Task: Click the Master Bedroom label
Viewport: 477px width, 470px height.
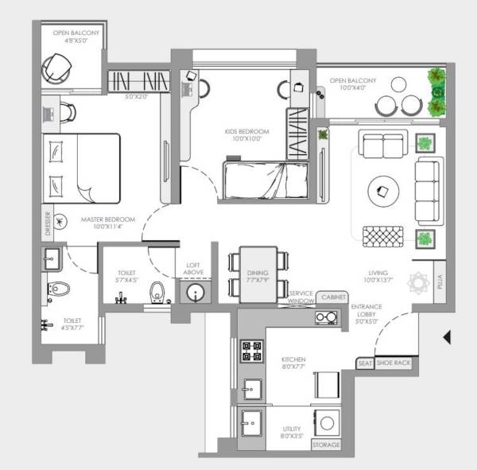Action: [x=107, y=219]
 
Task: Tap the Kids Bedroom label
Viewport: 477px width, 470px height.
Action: [x=247, y=131]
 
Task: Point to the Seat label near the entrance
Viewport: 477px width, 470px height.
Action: [x=366, y=363]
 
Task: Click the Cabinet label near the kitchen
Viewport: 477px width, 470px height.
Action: [x=330, y=297]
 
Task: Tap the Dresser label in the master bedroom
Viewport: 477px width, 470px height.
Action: [x=48, y=225]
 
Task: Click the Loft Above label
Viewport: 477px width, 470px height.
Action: [x=194, y=270]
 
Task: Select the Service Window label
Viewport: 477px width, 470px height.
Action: [x=301, y=297]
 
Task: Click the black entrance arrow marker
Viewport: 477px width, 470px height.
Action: [x=448, y=337]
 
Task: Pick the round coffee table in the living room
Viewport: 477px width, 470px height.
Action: [x=383, y=189]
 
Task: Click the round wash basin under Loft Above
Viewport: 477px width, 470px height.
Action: [x=194, y=293]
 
